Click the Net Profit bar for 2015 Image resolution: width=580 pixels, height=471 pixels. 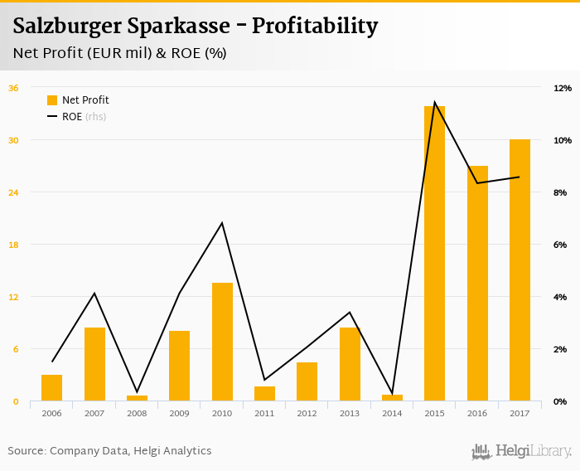click(x=434, y=254)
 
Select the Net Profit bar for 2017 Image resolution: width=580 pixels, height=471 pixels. click(x=520, y=270)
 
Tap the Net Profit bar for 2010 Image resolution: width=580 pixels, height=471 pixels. click(x=222, y=342)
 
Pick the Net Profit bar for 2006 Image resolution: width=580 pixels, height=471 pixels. click(x=51, y=388)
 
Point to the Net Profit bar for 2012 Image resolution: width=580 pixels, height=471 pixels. click(x=307, y=381)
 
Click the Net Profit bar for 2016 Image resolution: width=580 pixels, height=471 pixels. click(x=477, y=284)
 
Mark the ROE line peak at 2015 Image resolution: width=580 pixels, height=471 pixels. click(x=434, y=103)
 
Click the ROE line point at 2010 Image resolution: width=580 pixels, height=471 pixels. click(x=222, y=223)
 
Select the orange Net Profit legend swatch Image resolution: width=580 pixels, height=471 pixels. click(x=52, y=100)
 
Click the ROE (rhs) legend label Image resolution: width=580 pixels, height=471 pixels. click(x=84, y=117)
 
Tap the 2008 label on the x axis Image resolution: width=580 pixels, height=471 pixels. click(x=137, y=413)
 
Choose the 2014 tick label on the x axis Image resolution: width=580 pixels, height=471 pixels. click(x=392, y=413)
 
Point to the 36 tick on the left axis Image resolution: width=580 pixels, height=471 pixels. click(x=13, y=88)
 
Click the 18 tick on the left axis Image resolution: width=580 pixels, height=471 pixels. click(x=13, y=245)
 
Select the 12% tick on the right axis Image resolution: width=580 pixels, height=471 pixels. click(x=563, y=88)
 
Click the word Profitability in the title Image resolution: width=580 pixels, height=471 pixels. click(x=315, y=27)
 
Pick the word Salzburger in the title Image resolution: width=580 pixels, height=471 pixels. click(x=67, y=27)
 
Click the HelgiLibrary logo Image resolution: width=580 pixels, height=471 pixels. click(x=521, y=451)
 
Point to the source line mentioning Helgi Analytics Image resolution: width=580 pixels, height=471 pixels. click(x=109, y=451)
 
